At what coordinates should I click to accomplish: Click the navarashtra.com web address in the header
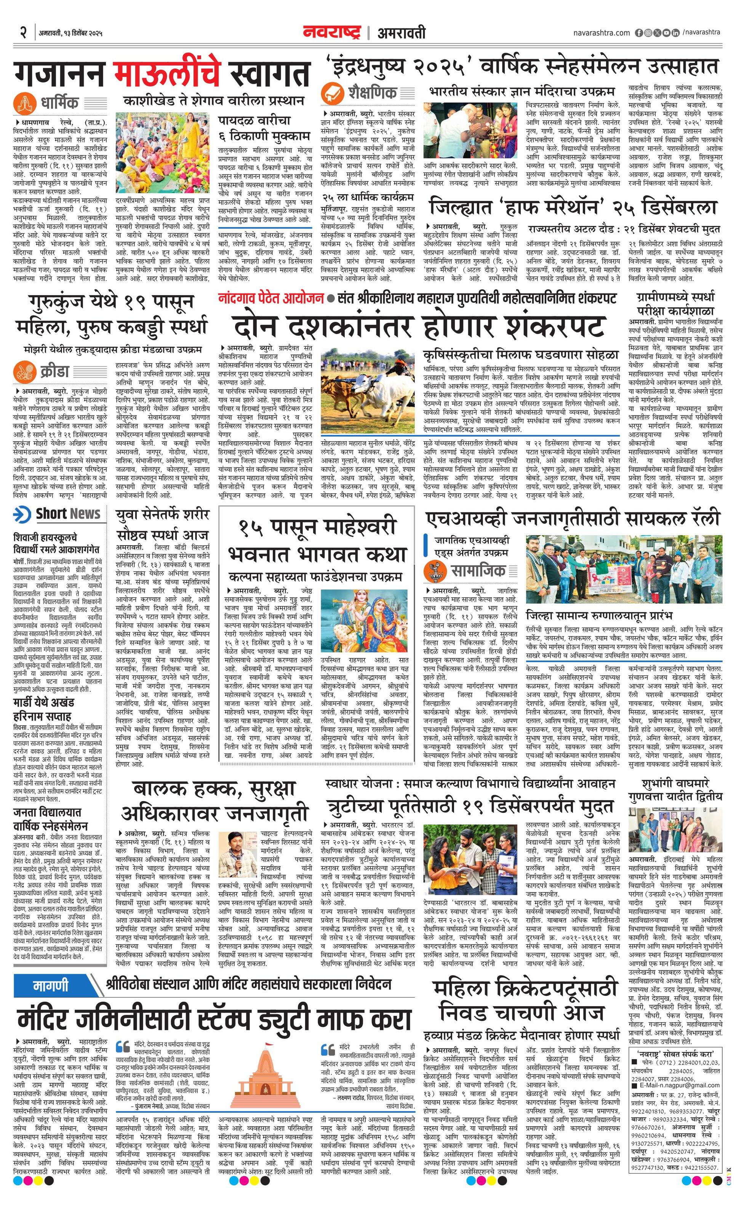tap(601, 33)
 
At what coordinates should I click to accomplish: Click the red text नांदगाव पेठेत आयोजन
tap(271, 298)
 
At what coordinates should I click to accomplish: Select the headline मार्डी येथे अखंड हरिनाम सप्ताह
tap(43, 709)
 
